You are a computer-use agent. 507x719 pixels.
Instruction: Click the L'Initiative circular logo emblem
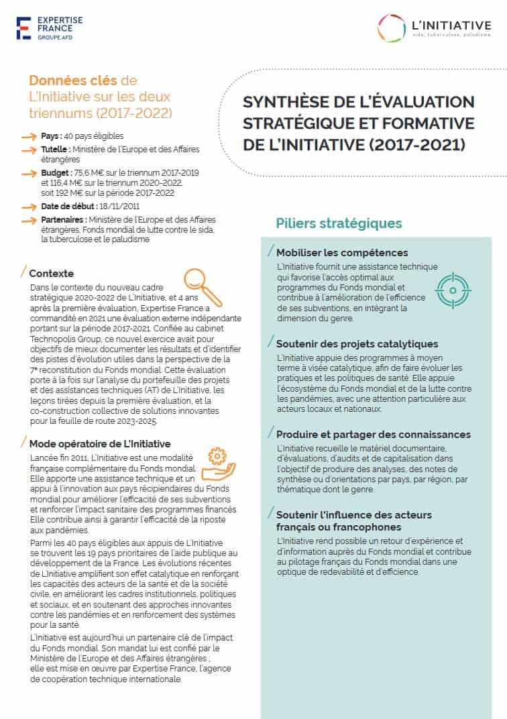tap(392, 27)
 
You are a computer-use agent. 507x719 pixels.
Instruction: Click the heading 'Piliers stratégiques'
tap(339, 223)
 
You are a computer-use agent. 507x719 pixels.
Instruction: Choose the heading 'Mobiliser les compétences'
tap(342, 253)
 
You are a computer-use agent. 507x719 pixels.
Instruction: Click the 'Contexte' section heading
tap(52, 274)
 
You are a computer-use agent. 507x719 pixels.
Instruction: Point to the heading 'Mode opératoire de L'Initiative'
tap(100, 444)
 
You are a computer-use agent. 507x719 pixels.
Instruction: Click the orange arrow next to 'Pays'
tap(28, 136)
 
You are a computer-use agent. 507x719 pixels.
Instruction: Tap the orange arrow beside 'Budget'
tap(28, 173)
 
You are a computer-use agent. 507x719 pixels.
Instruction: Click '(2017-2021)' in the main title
tap(418, 145)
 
